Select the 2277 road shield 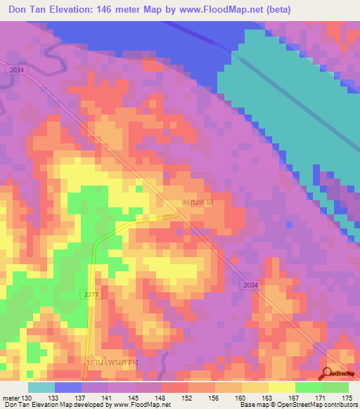coord(89,294)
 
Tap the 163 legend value coord(269,398)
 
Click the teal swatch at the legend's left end coord(41,387)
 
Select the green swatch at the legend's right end coord(335,387)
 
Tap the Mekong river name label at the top coord(226,51)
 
